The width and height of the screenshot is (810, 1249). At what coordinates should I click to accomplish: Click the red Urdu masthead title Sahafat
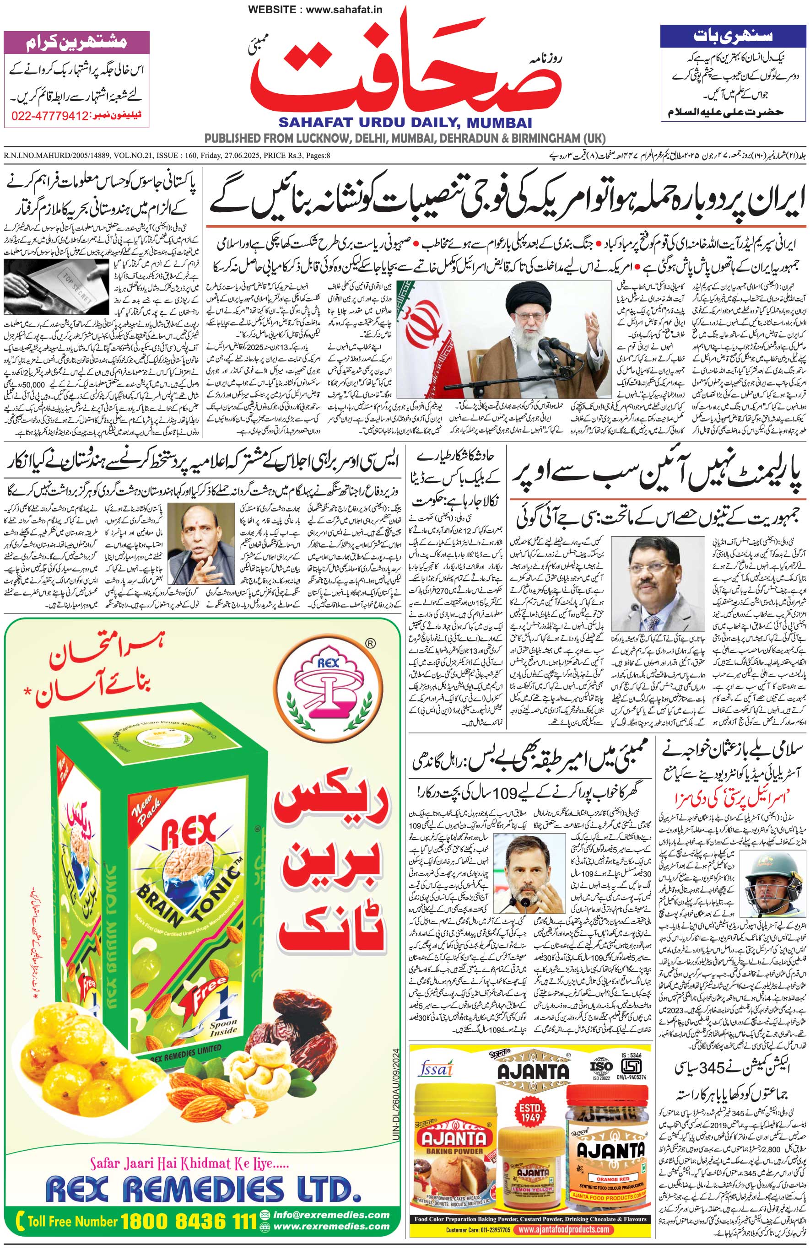404,68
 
